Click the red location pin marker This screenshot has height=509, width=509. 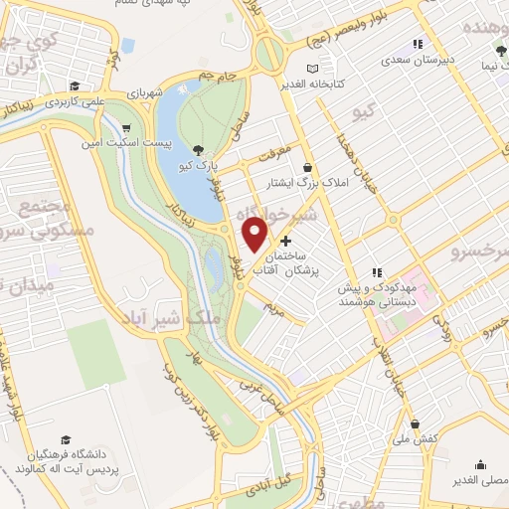(256, 235)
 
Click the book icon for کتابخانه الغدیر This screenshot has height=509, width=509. (314, 68)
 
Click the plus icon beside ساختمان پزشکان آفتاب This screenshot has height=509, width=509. (286, 241)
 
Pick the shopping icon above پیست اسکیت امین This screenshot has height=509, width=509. (126, 128)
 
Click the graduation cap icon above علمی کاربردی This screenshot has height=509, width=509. (75, 85)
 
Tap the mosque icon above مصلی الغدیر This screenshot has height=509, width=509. (482, 464)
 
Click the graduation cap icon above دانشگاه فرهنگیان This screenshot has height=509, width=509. (66, 439)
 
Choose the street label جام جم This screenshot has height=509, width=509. (218, 76)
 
